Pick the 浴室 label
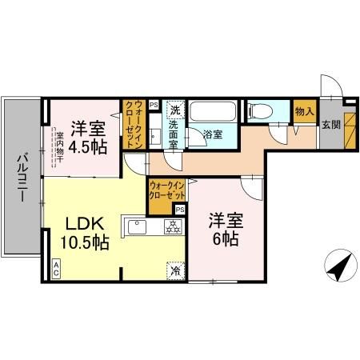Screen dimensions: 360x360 212,135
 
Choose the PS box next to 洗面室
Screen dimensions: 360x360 154,103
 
